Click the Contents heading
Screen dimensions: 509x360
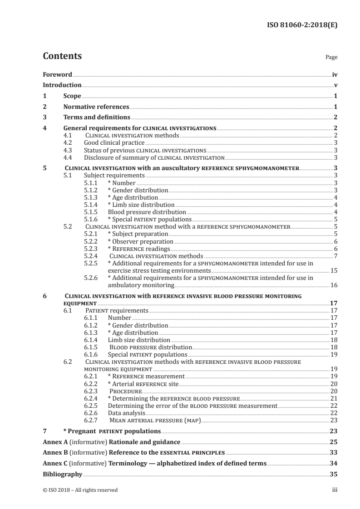coord(62,56)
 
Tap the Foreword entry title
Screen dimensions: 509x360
coord(57,74)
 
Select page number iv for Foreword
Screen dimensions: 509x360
coord(335,74)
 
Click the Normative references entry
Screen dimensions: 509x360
coord(96,107)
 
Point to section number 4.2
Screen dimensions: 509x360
coord(68,142)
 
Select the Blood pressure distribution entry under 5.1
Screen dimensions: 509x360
coord(147,212)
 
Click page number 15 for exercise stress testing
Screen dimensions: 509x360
coord(334,270)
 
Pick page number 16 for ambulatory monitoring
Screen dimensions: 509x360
coord(334,285)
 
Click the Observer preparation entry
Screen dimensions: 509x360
coord(140,241)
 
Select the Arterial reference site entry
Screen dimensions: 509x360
coord(143,384)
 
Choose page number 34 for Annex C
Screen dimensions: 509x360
coord(334,463)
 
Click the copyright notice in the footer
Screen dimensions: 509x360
coord(80,490)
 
